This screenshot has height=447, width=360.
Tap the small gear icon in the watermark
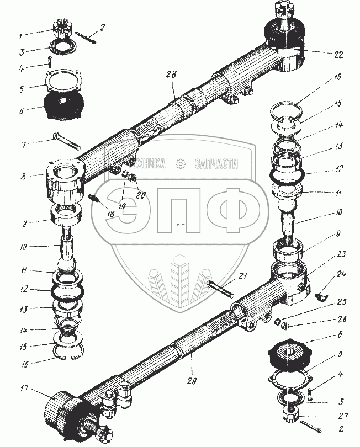coord(179,164)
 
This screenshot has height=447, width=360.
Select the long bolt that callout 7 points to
coord(66,142)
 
